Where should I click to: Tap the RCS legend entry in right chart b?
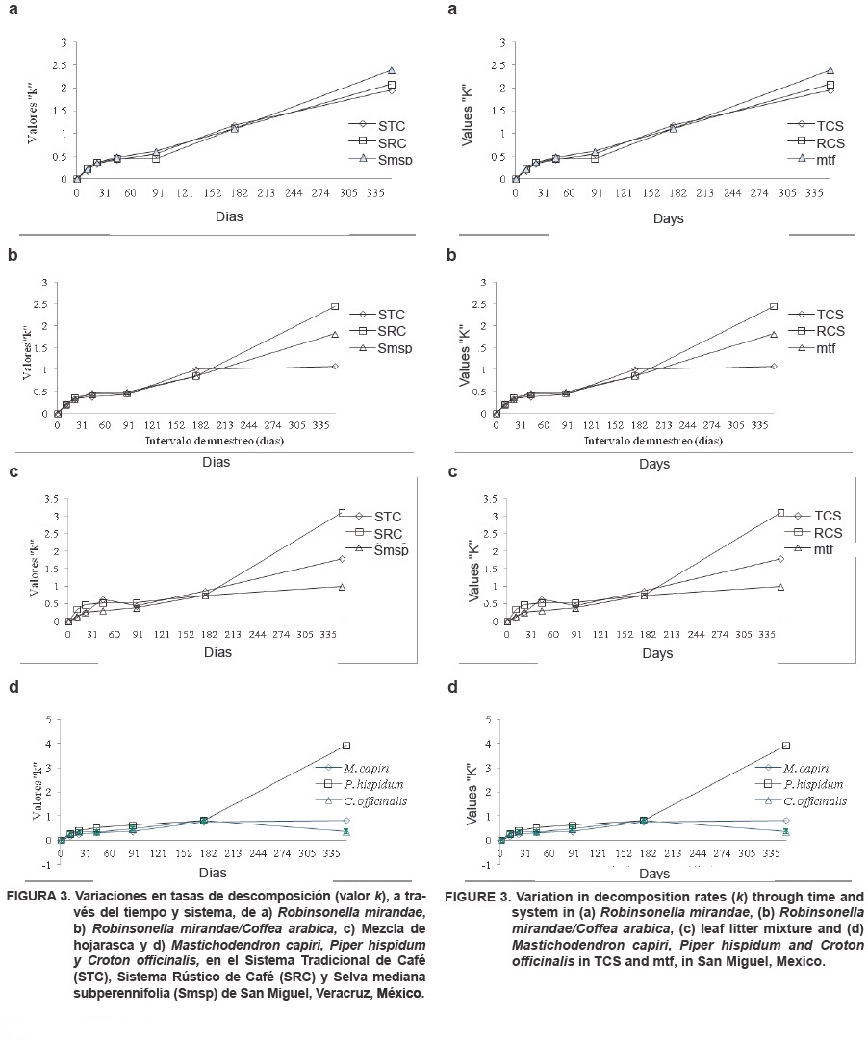click(830, 331)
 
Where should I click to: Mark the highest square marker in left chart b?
click(335, 306)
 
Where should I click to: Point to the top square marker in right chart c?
click(780, 513)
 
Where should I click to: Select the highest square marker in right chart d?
click(786, 746)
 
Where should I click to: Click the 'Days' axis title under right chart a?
click(668, 218)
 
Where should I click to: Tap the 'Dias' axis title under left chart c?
click(217, 653)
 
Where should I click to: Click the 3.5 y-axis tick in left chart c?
click(49, 498)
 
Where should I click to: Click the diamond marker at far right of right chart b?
click(774, 366)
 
